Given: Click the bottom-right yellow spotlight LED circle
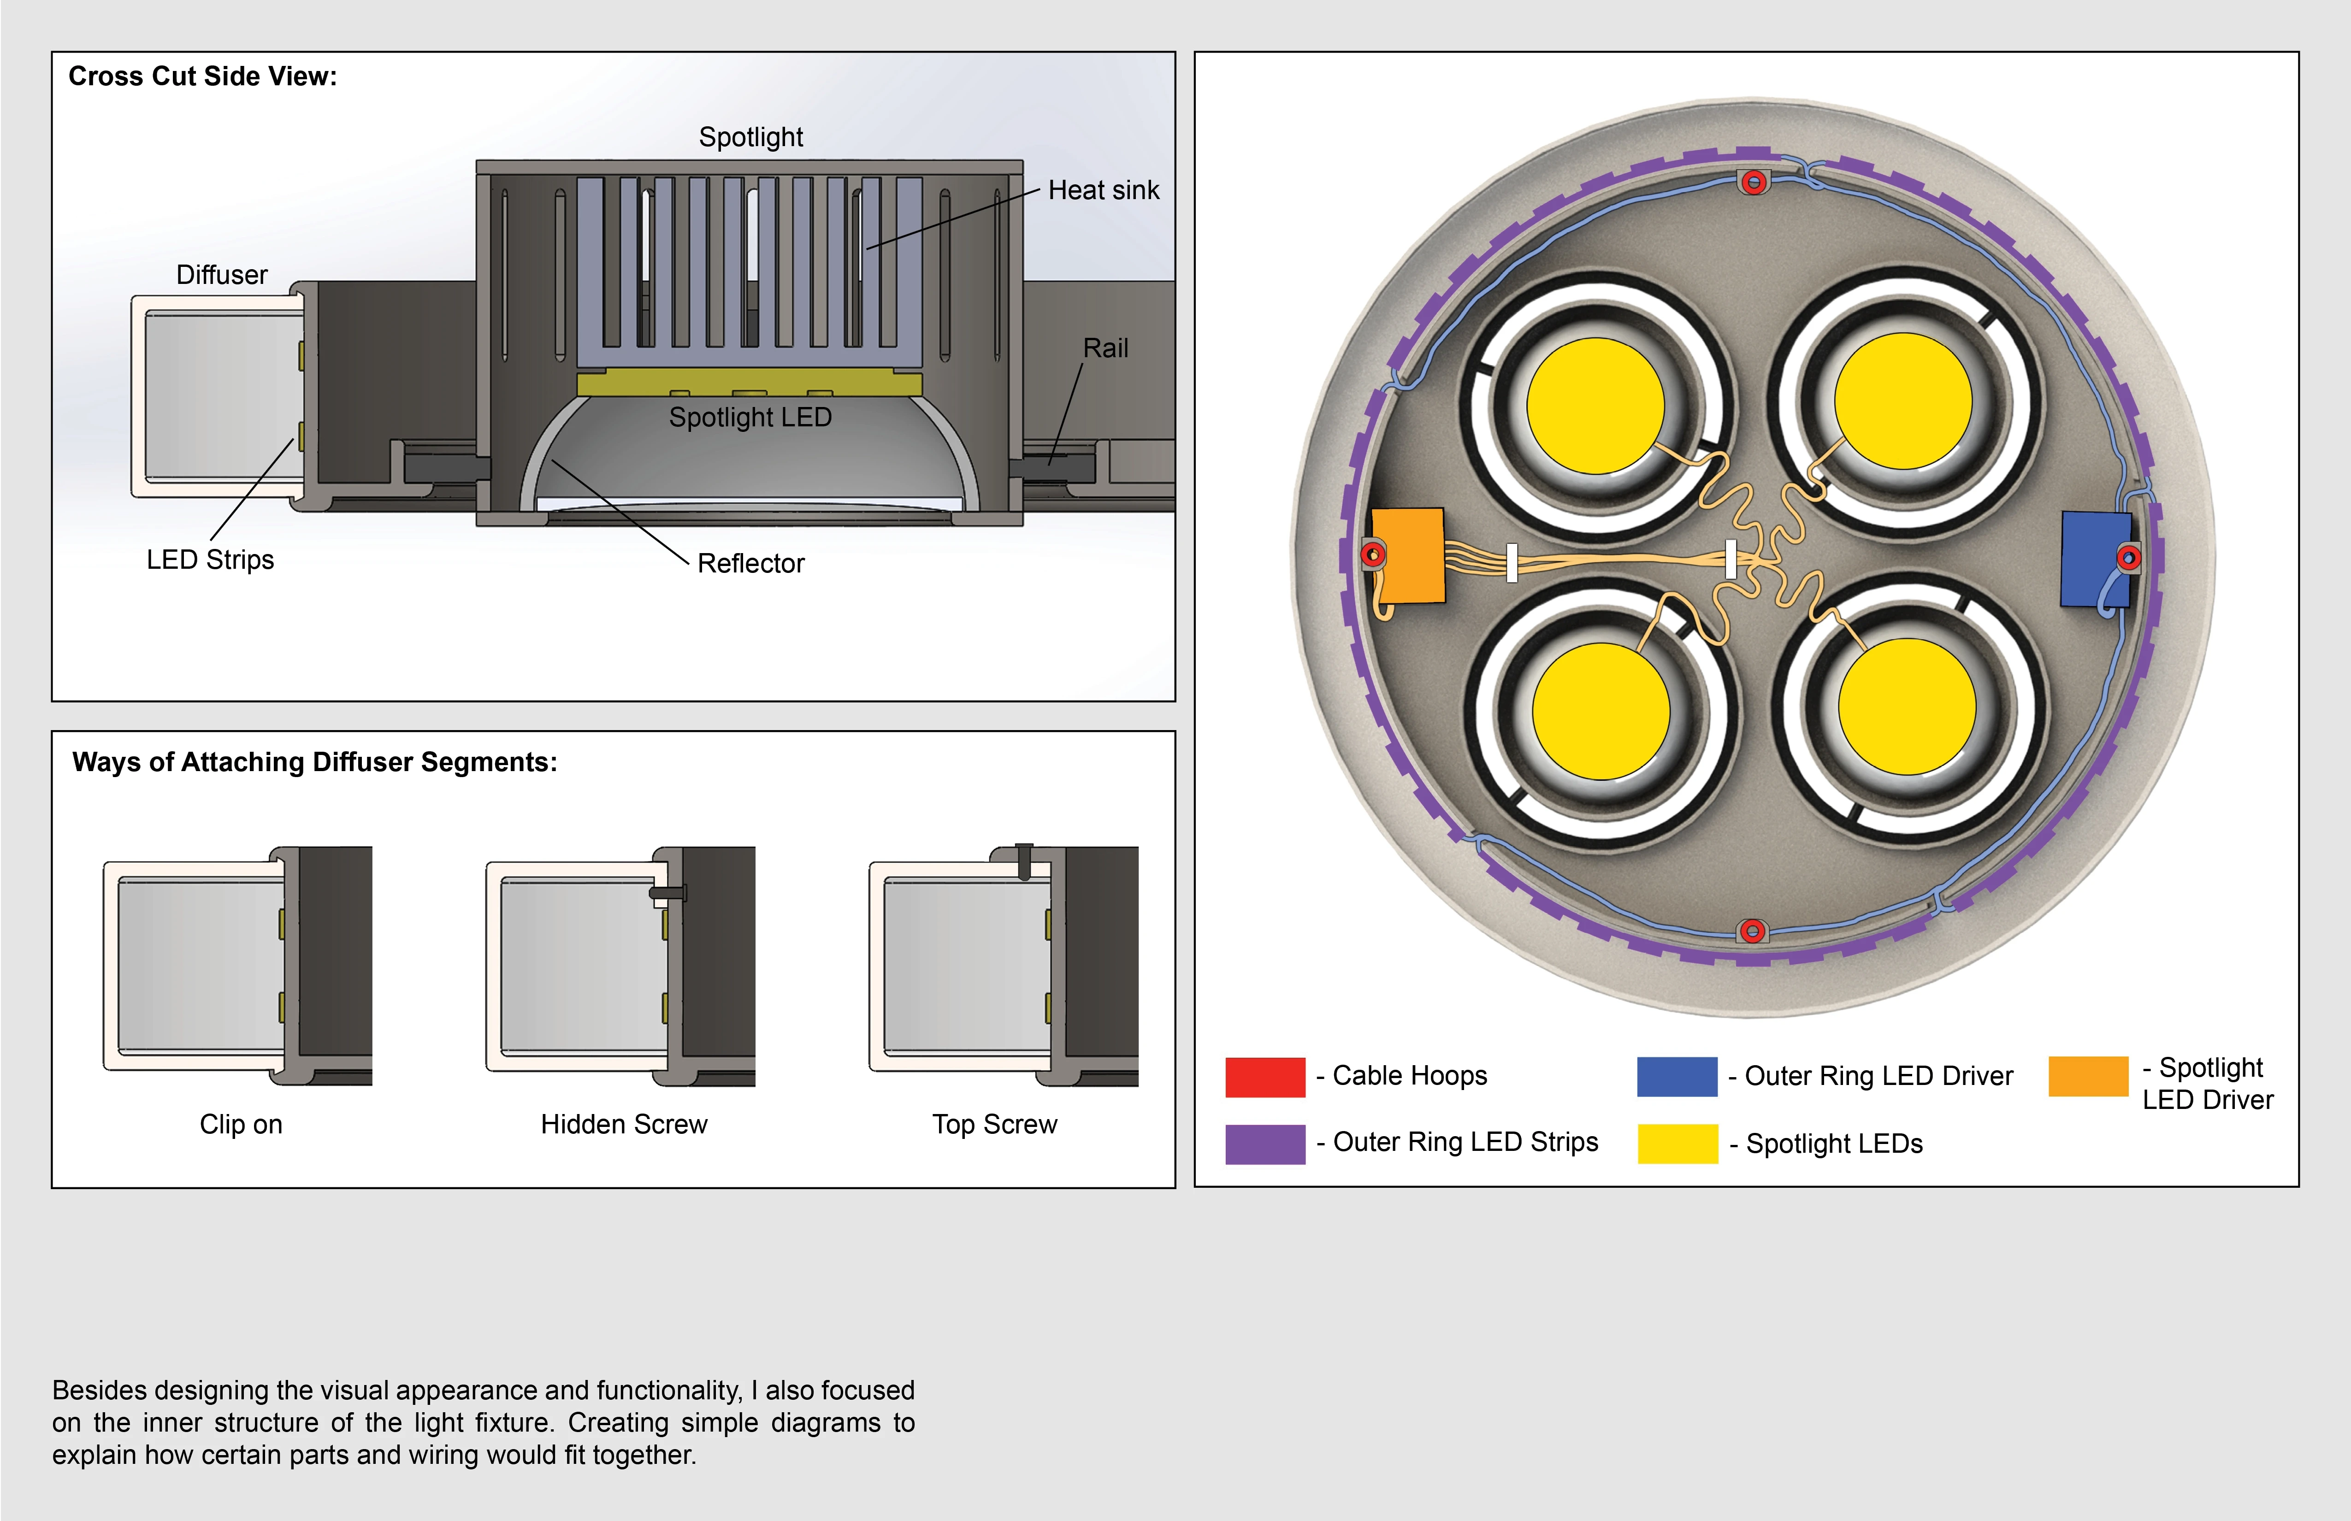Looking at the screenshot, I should pos(1907,706).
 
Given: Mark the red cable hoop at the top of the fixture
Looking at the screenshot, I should pos(1754,182).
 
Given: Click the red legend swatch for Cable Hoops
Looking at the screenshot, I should pos(1264,1077).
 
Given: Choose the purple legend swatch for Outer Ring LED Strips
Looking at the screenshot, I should pos(1264,1144).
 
